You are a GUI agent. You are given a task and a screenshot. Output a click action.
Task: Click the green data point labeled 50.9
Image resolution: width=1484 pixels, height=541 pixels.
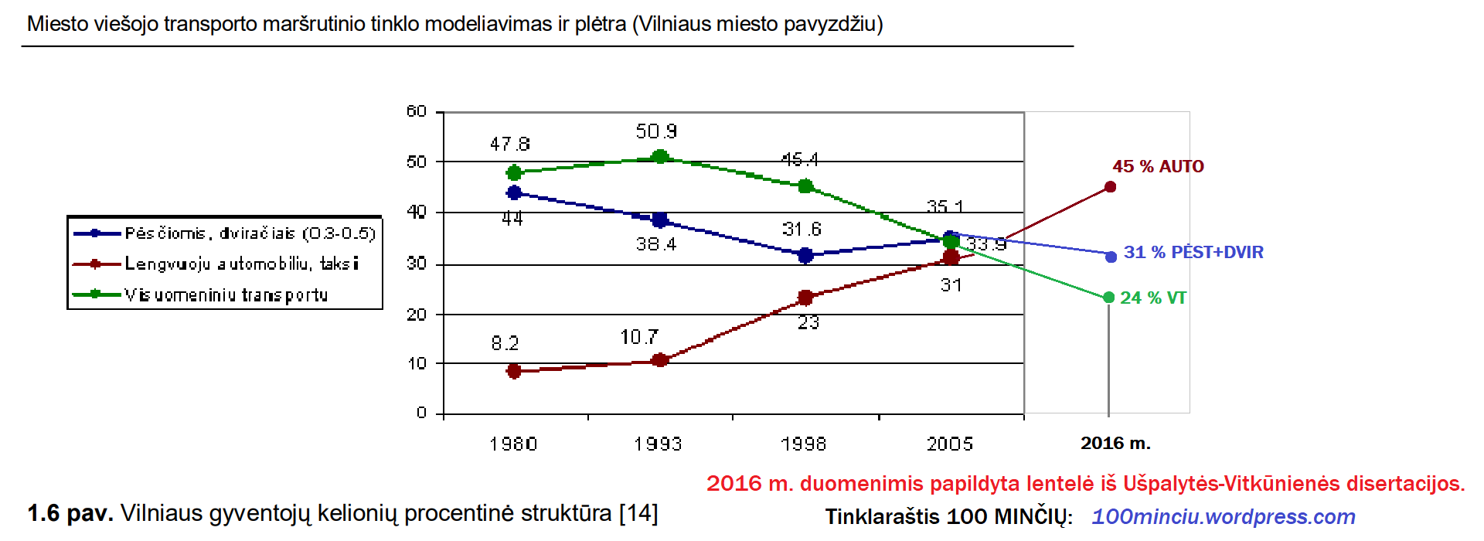tap(660, 157)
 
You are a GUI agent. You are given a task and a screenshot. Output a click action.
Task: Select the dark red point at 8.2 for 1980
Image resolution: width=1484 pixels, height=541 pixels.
tap(514, 371)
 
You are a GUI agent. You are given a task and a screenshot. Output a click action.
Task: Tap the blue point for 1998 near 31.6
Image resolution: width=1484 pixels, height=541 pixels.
tap(805, 255)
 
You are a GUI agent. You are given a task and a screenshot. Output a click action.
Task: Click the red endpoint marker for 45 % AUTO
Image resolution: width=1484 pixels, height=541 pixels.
tap(1110, 187)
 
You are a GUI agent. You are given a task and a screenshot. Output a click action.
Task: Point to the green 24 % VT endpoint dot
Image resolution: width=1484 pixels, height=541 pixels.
tap(1109, 298)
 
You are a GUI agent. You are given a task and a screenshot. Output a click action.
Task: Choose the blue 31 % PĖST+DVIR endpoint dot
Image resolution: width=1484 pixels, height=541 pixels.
tap(1111, 257)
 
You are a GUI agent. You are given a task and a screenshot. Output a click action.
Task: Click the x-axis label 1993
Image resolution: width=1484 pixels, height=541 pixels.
tap(658, 444)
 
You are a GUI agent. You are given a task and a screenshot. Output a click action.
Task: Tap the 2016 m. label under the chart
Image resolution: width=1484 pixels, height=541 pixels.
tap(1115, 443)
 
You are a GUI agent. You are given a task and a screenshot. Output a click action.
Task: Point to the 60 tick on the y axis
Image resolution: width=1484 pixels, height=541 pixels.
tap(417, 112)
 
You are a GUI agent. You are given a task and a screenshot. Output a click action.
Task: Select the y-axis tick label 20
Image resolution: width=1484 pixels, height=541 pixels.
tap(417, 315)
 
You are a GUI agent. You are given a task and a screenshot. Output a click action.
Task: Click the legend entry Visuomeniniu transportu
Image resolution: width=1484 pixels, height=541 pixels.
tap(226, 294)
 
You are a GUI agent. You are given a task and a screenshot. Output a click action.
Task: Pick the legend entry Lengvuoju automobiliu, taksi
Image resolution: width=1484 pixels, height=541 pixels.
tap(242, 264)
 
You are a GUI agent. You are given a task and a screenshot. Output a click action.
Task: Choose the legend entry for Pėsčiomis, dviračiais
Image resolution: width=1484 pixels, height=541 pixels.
tap(250, 233)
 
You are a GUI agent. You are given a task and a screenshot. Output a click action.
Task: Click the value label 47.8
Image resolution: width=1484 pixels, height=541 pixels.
tap(509, 145)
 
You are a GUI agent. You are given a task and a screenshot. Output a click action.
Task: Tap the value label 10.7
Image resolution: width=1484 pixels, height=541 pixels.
tap(639, 337)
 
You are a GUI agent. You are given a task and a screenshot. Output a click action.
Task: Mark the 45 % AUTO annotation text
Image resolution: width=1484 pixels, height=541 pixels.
tap(1158, 166)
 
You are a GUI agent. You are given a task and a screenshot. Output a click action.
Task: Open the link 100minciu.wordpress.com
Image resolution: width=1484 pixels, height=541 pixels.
tap(1223, 516)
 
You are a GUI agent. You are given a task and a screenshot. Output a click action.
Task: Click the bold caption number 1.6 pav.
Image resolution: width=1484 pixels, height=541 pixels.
tap(70, 513)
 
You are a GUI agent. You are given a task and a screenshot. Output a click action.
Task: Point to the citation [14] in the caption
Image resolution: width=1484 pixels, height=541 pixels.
tap(638, 513)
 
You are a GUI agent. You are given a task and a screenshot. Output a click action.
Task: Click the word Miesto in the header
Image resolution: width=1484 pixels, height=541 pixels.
tap(57, 24)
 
